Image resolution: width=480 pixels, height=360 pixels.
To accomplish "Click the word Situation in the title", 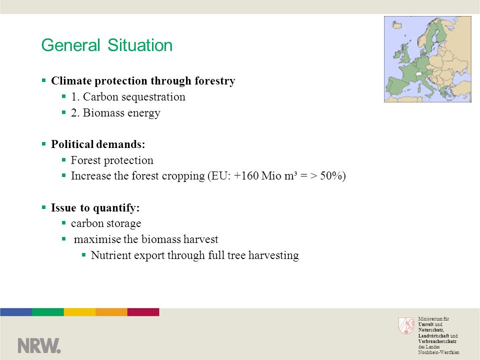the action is (x=140, y=45).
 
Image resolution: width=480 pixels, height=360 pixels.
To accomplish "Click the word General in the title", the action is (x=70, y=45).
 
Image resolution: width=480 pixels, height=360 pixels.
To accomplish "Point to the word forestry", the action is (x=215, y=81).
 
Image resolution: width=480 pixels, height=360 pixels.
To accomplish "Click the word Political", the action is (x=72, y=144).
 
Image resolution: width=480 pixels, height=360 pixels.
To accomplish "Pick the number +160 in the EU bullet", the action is (x=246, y=176).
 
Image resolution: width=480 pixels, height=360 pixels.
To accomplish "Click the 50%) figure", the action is (x=333, y=176).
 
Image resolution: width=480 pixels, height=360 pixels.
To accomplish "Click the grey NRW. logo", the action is (x=39, y=345).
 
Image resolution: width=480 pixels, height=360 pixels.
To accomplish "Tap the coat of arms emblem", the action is (x=406, y=325).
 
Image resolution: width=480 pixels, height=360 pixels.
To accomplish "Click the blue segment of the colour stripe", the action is (x=16, y=312).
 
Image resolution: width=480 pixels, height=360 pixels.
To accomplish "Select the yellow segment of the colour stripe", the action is (x=79, y=312).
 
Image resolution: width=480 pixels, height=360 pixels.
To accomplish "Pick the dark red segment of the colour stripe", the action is (x=143, y=312).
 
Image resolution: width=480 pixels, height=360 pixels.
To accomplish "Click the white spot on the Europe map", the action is (x=419, y=74).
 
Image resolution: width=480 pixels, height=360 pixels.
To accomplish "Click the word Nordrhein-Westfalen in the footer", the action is (x=438, y=352).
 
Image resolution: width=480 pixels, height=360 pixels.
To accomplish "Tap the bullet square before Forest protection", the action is (x=63, y=159).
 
